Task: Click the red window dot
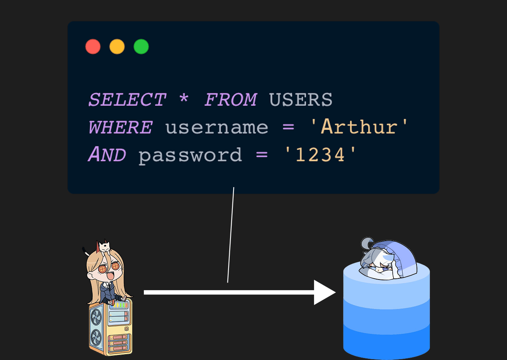pyautogui.click(x=93, y=47)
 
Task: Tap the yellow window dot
pyautogui.click(x=117, y=47)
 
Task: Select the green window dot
pyautogui.click(x=141, y=47)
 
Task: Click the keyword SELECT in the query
pyautogui.click(x=127, y=100)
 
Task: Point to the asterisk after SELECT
pyautogui.click(x=184, y=99)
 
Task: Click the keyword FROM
pyautogui.click(x=230, y=100)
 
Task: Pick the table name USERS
pyautogui.click(x=301, y=100)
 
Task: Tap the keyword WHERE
pyautogui.click(x=120, y=128)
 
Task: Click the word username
pyautogui.click(x=217, y=128)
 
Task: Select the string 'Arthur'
pyautogui.click(x=359, y=127)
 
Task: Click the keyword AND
pyautogui.click(x=107, y=155)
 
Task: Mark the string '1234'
pyautogui.click(x=320, y=155)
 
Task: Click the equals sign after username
pyautogui.click(x=288, y=128)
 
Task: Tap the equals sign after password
pyautogui.click(x=262, y=155)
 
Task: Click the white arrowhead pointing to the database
pyautogui.click(x=323, y=292)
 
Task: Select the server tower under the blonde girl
pyautogui.click(x=110, y=328)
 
